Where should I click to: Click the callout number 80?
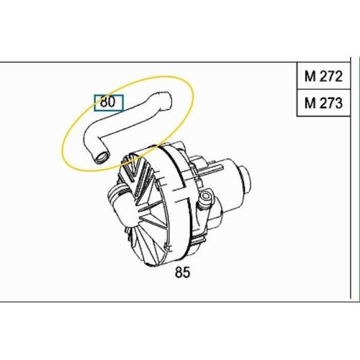tap(108, 102)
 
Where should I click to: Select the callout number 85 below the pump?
tap(182, 272)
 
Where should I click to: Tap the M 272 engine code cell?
tap(323, 76)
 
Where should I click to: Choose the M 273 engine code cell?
tap(323, 103)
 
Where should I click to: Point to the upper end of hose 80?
tap(163, 100)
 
